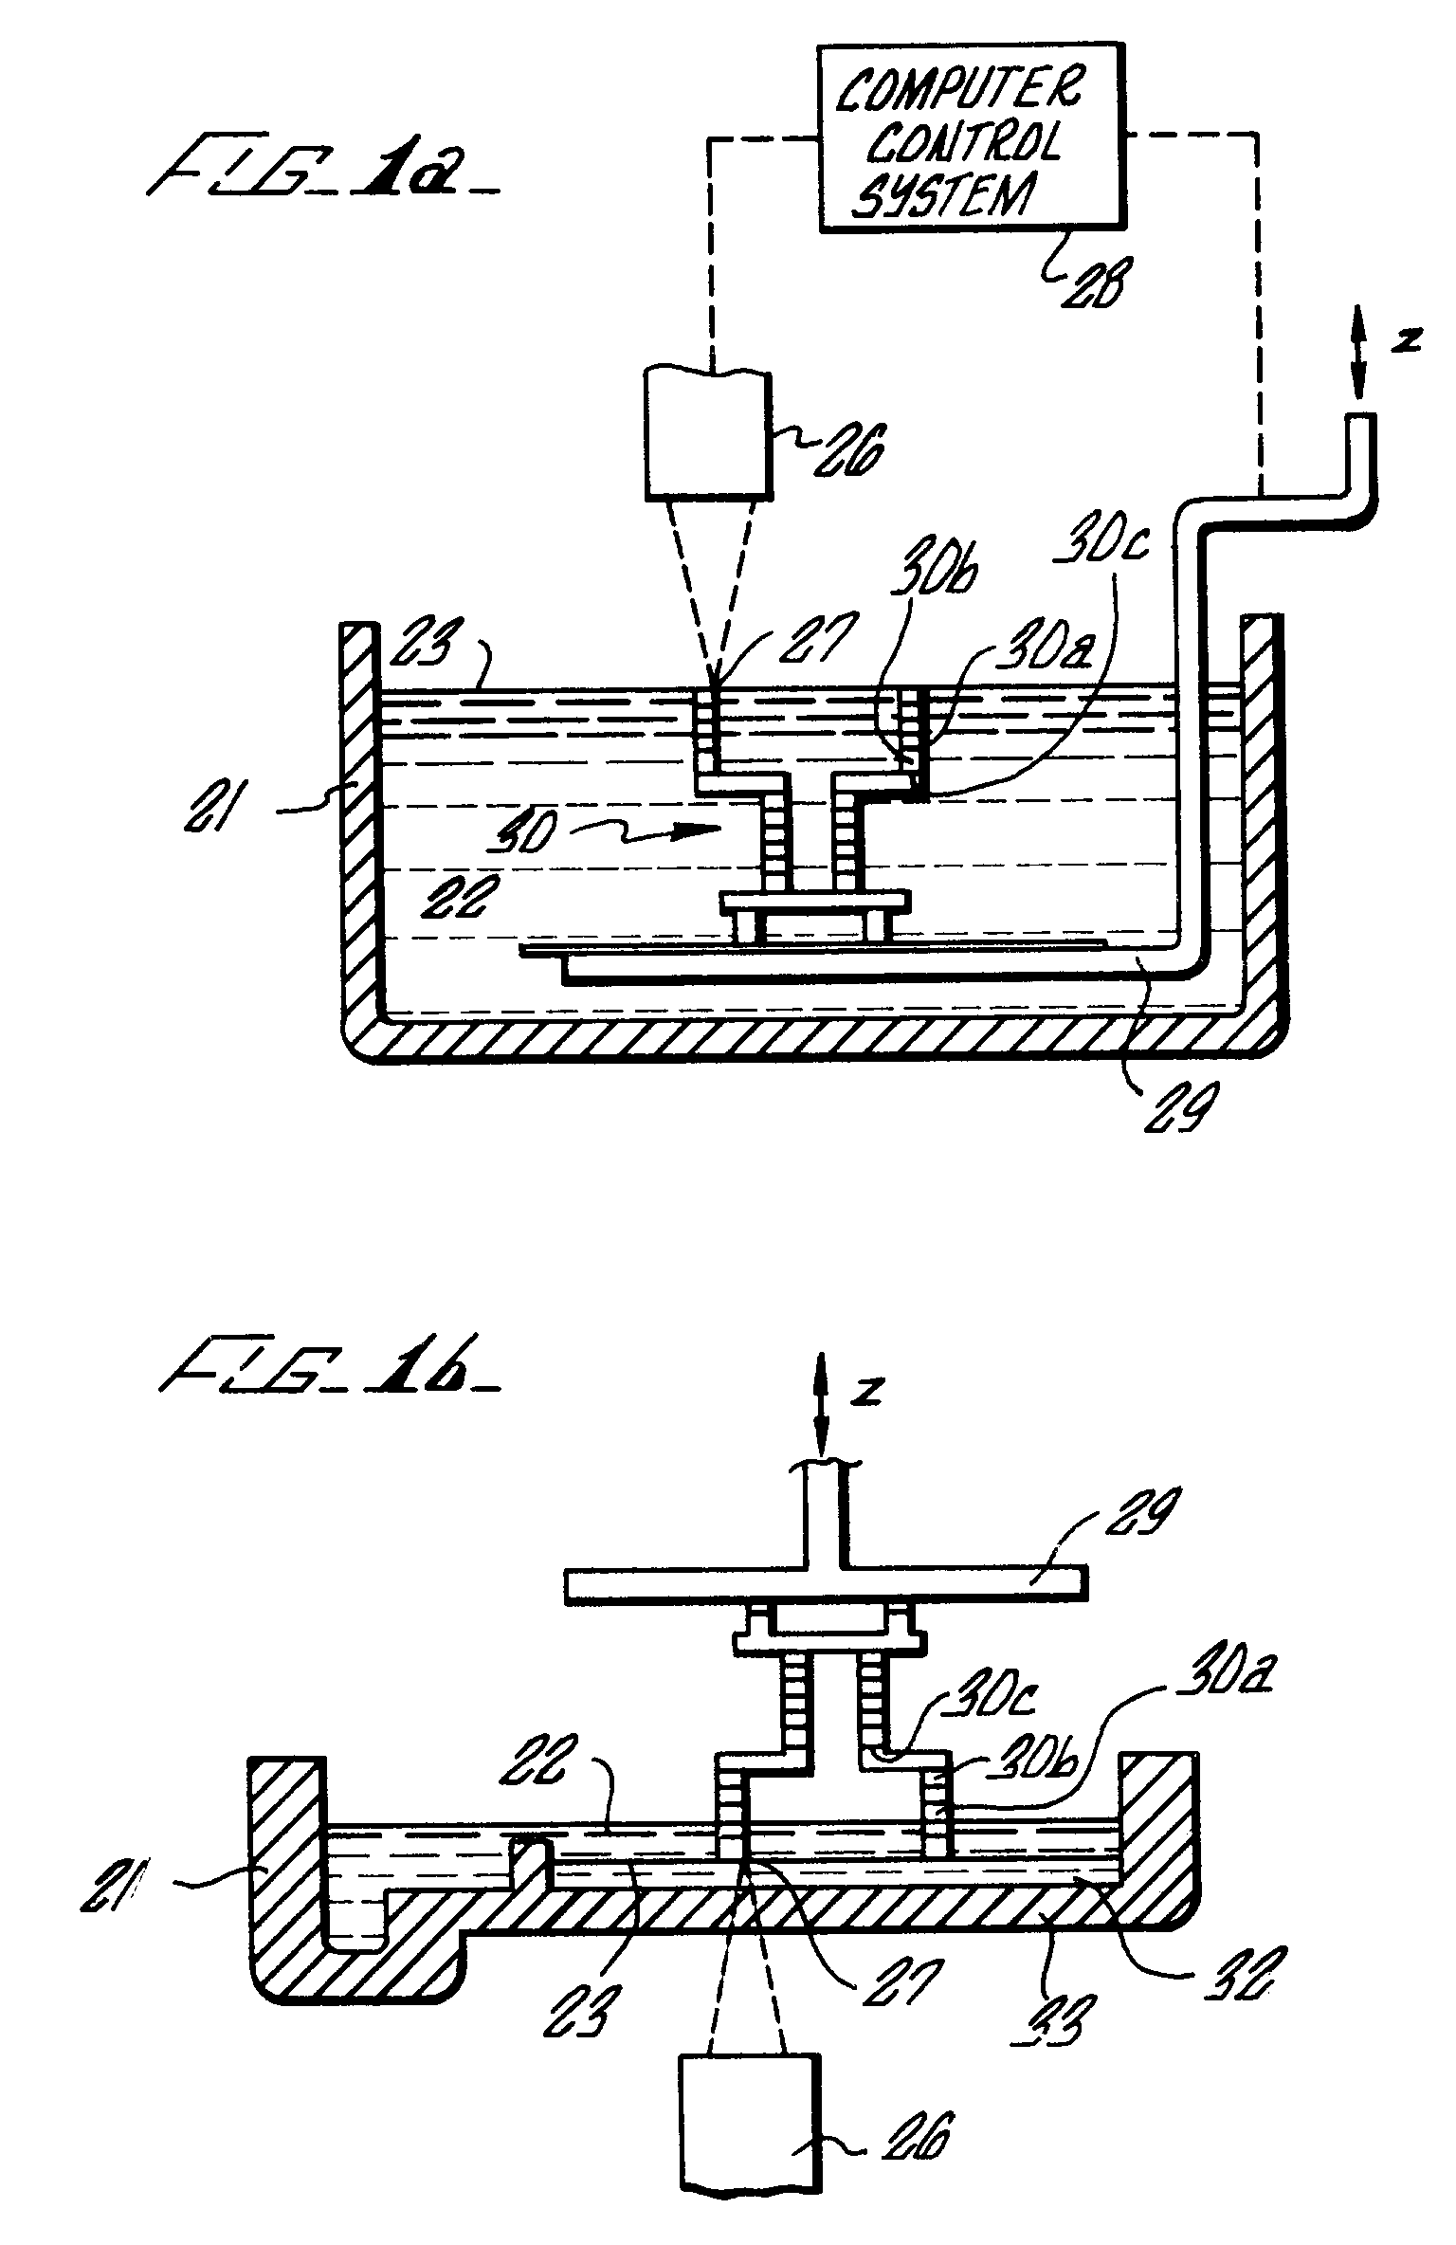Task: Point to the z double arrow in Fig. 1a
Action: pyautogui.click(x=1356, y=364)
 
